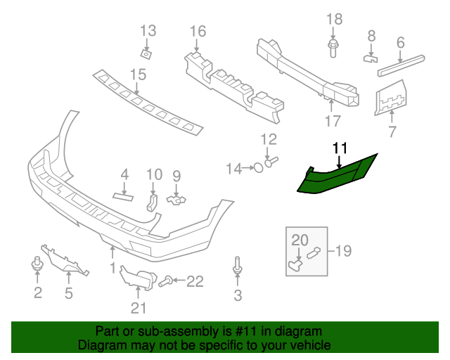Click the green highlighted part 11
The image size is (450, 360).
337,176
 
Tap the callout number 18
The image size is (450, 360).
335,18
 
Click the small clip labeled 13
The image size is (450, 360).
146,53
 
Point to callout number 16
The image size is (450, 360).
198,31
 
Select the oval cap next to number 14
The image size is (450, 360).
258,168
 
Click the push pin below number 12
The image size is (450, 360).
272,162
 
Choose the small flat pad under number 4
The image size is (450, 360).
123,195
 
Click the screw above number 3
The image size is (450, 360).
238,266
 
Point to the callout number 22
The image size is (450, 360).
193,282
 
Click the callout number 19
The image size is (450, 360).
343,250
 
